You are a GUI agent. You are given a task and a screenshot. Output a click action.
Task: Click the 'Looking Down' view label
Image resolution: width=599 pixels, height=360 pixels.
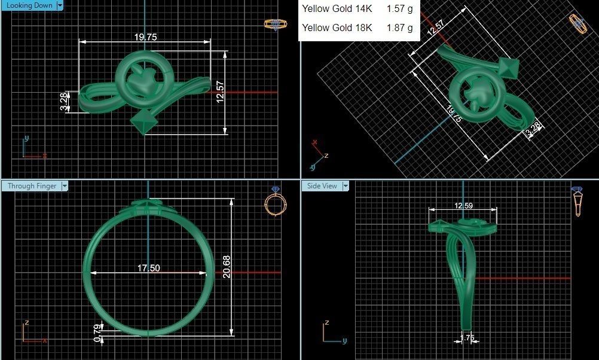point(27,5)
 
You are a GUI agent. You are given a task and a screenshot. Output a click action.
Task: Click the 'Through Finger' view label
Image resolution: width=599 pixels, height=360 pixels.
point(32,186)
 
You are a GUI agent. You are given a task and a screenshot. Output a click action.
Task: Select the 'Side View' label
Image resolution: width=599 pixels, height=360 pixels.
point(322,186)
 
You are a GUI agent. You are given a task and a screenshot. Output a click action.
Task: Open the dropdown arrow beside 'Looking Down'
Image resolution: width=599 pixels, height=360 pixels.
point(59,5)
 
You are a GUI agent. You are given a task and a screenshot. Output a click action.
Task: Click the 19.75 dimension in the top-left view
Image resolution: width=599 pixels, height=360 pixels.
point(145,37)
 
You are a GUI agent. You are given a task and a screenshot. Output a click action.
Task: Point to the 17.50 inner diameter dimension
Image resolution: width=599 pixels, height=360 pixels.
point(148,269)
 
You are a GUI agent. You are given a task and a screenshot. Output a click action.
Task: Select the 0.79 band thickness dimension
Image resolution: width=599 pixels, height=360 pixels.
point(97,332)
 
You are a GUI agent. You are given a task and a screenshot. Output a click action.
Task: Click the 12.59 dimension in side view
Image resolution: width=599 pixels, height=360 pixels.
point(463,205)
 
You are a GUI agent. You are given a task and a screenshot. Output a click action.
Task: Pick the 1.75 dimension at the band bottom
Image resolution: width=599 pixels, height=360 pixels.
point(467,338)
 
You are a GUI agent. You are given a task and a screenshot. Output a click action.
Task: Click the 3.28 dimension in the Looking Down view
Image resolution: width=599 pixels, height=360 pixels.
point(64,101)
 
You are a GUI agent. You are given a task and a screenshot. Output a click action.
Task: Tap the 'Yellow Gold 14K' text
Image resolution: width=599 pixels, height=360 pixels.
point(337,9)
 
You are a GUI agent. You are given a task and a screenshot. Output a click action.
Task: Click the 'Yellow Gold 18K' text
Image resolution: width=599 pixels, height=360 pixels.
point(337,28)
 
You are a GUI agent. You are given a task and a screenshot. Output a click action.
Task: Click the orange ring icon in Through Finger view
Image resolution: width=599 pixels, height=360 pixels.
point(273,202)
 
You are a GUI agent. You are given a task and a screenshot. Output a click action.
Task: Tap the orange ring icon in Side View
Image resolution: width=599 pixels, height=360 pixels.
point(578,202)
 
